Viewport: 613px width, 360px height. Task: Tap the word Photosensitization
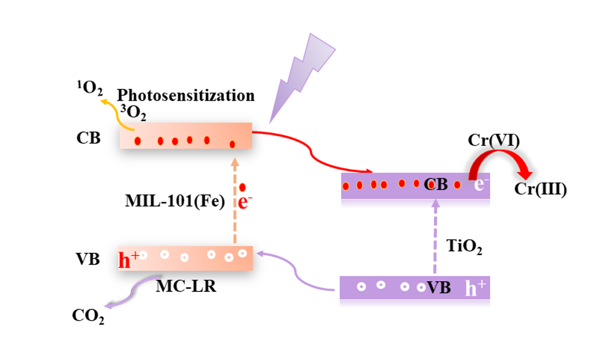[x=186, y=95]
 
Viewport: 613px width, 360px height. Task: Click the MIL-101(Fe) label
[x=175, y=202]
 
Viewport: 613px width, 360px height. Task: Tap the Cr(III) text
[x=540, y=190]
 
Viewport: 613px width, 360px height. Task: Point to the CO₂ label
[x=88, y=316]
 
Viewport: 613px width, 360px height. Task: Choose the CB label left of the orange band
[x=88, y=138]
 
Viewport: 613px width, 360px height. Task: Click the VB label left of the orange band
[x=88, y=259]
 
